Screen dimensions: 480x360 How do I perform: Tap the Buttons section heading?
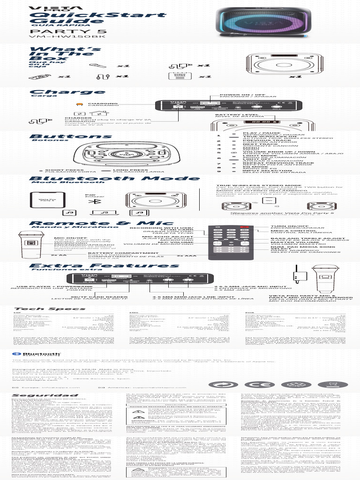pos(70,137)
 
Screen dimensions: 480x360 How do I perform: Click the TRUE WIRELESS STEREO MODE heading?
pos(252,186)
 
